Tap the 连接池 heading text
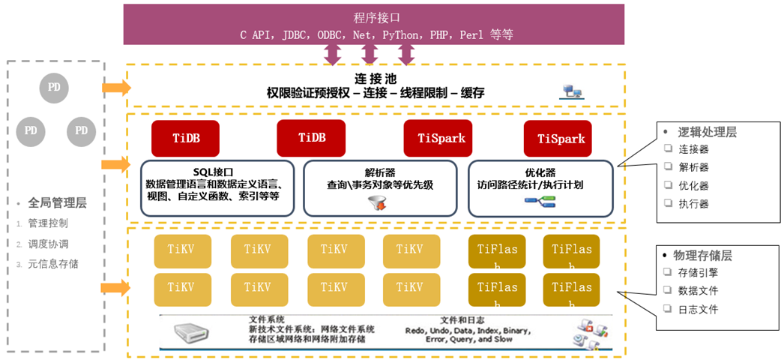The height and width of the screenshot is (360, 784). click(x=376, y=79)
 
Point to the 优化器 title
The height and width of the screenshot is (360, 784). click(x=540, y=172)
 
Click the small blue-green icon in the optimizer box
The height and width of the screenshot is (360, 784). click(x=540, y=201)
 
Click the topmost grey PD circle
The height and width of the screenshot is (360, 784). click(x=54, y=88)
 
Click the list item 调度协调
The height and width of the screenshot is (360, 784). click(x=48, y=244)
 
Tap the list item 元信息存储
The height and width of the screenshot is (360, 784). click(x=53, y=264)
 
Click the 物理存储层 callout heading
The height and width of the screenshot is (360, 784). click(x=705, y=256)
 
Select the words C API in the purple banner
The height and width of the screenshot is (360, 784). click(x=257, y=35)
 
